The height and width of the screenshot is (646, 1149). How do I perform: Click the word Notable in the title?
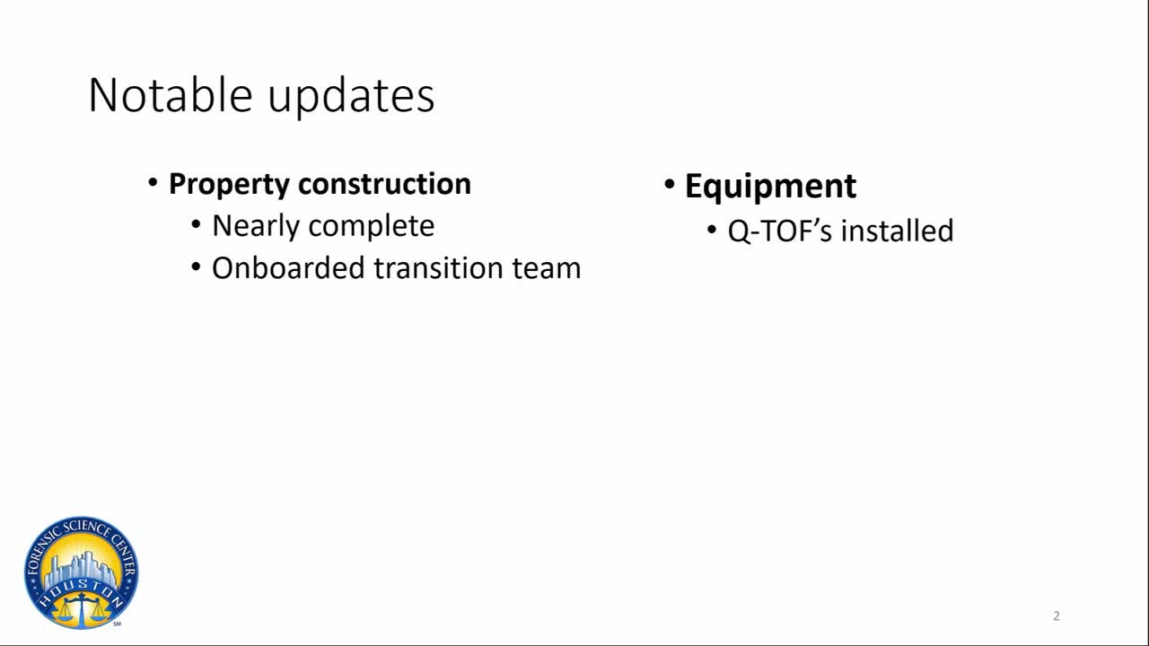(x=171, y=95)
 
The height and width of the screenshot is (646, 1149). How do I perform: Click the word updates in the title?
(x=351, y=98)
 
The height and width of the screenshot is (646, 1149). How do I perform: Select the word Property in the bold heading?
(x=229, y=185)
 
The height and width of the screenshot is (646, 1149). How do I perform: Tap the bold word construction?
(x=385, y=184)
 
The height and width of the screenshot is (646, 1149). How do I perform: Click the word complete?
(x=372, y=227)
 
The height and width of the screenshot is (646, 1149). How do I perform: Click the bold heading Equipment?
(x=770, y=187)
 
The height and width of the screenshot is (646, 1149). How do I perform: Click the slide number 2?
(x=1057, y=615)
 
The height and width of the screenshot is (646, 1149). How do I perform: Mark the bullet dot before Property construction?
(x=153, y=182)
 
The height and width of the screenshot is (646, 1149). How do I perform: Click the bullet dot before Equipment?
(x=669, y=184)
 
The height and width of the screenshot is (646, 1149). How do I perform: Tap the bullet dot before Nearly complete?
(x=196, y=225)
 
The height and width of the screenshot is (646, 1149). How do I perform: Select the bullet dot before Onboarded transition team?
(x=196, y=266)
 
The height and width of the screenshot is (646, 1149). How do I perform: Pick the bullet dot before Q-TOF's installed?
(x=712, y=230)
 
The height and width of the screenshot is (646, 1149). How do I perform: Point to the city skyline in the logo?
(x=81, y=570)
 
